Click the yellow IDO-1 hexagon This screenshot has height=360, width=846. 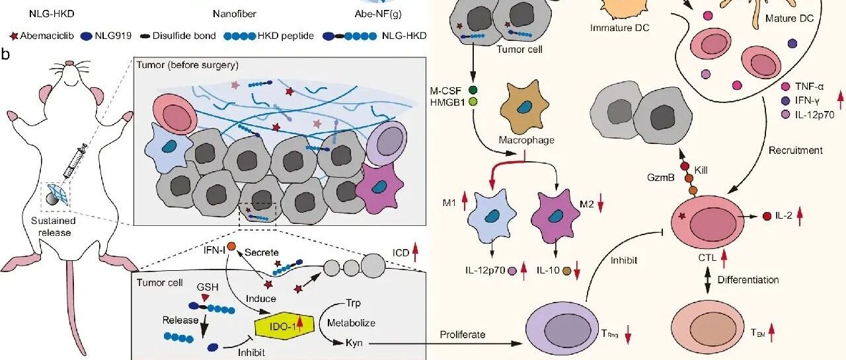point(284,326)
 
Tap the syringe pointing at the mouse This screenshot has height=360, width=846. point(75,161)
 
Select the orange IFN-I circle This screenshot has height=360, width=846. point(231,247)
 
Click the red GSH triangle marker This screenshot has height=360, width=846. point(204,298)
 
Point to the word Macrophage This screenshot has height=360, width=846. point(527,140)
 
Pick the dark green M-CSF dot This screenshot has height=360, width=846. point(473,90)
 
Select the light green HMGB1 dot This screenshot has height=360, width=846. point(473,102)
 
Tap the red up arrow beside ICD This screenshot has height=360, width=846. point(416,252)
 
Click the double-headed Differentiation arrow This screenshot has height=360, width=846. point(707,279)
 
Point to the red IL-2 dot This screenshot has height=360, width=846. point(767,216)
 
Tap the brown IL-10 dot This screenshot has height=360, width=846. point(566,271)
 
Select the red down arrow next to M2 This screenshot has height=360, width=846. point(601,205)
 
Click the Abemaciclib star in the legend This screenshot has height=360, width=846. point(14,36)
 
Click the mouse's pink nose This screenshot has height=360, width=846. point(70,63)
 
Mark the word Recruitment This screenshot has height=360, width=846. point(795,151)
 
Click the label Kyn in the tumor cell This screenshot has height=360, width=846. point(354,343)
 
